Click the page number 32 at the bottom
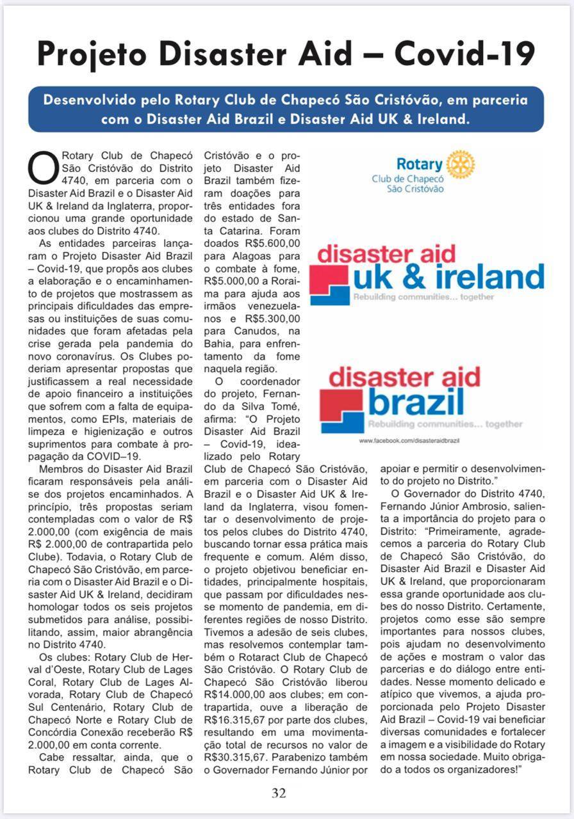click(279, 793)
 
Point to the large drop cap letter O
click(42, 167)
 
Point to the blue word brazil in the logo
click(416, 402)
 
